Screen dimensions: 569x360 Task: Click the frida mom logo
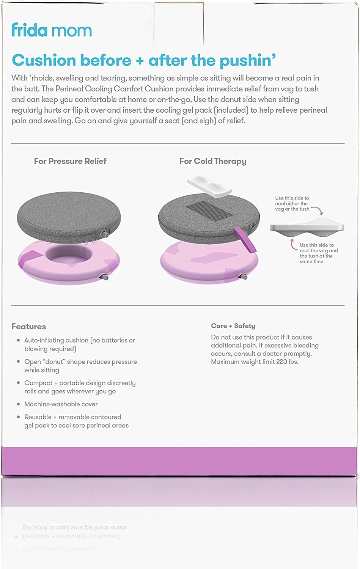coord(52,30)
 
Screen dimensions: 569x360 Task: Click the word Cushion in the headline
coord(44,60)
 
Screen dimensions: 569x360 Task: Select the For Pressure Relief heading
coord(70,161)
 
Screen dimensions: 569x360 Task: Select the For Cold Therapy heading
coord(213,161)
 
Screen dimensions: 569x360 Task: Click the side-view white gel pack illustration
coord(307,227)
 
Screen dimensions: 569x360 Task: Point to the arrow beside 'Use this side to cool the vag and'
coord(294,245)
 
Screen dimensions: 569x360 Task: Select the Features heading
coord(29,327)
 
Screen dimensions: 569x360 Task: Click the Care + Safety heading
coord(233,326)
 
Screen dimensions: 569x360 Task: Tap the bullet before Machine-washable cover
coord(18,404)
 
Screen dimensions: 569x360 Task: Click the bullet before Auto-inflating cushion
coord(18,340)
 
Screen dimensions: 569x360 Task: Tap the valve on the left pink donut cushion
coord(107,278)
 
